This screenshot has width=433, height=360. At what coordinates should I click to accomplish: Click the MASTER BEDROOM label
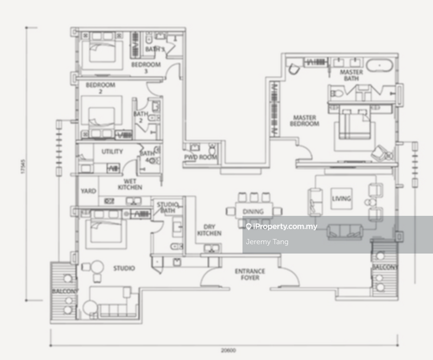306,120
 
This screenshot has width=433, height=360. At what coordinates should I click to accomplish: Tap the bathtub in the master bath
381,67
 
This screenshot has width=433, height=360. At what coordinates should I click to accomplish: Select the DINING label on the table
253,212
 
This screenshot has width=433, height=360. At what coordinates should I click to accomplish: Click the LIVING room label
341,199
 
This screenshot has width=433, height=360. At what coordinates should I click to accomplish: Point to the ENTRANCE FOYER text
250,274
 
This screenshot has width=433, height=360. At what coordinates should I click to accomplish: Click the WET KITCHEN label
130,184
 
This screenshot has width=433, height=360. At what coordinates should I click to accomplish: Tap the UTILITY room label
112,152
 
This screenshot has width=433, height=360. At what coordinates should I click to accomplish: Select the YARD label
88,191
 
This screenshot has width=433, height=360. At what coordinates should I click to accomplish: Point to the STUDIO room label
124,268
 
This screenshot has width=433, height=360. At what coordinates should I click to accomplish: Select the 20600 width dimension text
227,351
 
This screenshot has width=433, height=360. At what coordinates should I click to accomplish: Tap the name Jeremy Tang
267,242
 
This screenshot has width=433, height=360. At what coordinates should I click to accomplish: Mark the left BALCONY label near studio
64,291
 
